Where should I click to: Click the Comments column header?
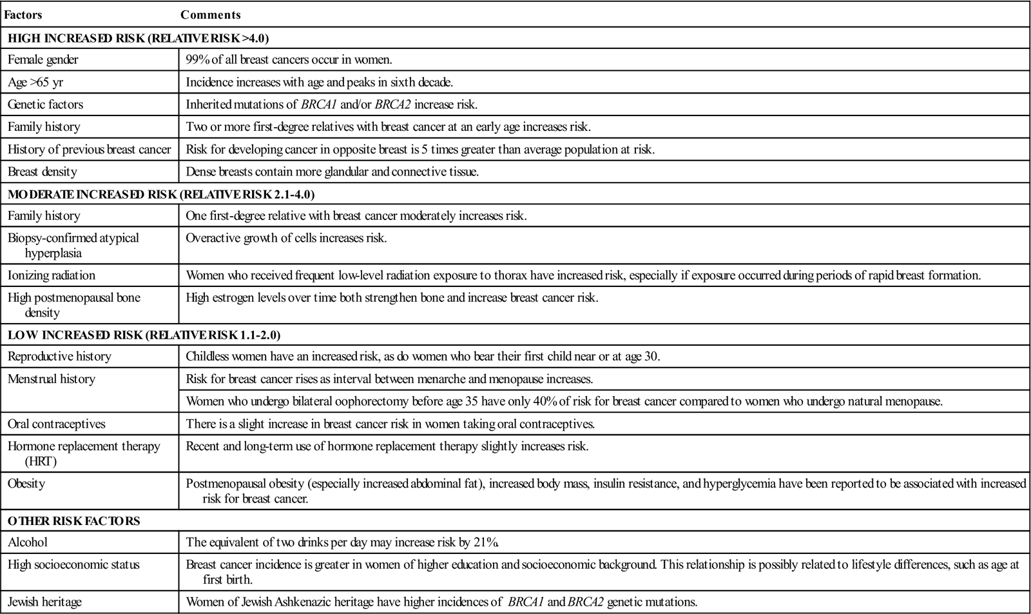(211, 15)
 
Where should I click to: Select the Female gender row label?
(43, 60)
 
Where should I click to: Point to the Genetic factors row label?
(45, 104)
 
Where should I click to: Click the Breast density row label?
(43, 172)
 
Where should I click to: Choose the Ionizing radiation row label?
(52, 275)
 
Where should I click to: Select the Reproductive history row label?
(59, 357)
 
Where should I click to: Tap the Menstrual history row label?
(52, 379)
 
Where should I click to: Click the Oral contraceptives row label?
(57, 424)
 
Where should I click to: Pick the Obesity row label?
(26, 483)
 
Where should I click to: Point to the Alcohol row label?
(28, 542)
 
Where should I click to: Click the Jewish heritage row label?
(45, 602)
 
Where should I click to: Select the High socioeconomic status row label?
(73, 565)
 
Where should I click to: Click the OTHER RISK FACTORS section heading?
(74, 520)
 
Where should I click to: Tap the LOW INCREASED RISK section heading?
(144, 335)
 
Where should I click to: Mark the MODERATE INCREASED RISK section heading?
(161, 194)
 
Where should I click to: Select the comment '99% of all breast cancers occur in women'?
(289, 60)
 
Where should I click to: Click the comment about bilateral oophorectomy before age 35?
(564, 401)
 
